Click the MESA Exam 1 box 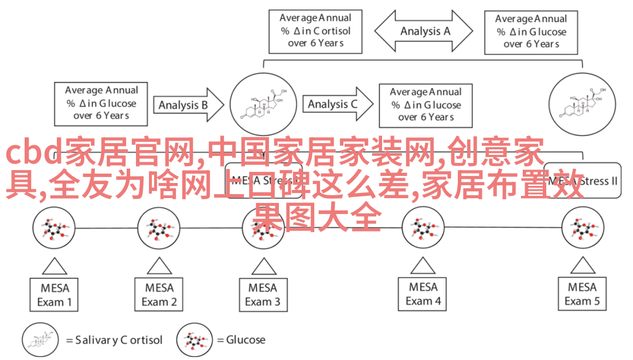tap(55, 295)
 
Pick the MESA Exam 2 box tap(159, 295)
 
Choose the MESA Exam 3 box tap(263, 295)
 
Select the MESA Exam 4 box tap(423, 294)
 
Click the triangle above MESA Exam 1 tap(55, 267)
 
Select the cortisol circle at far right tap(583, 104)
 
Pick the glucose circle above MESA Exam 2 tap(159, 228)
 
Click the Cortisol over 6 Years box tap(315, 31)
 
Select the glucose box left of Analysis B tap(101, 103)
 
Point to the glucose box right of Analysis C tap(426, 104)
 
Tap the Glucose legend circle tap(195, 339)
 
